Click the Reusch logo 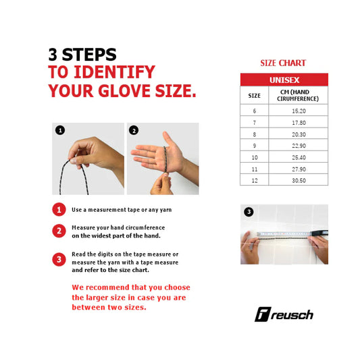click(284, 314)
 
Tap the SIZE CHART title click(283, 63)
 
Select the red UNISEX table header click(284, 80)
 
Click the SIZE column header click(254, 96)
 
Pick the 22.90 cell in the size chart click(299, 146)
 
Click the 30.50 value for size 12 click(299, 181)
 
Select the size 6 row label click(255, 111)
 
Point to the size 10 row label click(255, 157)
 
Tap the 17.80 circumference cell click(299, 123)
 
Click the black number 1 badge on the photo click(60, 130)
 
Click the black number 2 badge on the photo click(134, 130)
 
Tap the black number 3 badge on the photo click(249, 212)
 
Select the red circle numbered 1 click(59, 209)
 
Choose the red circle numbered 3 click(59, 260)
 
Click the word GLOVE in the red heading click(125, 90)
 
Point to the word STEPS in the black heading click(89, 55)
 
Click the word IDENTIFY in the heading click(114, 72)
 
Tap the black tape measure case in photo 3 click(320, 233)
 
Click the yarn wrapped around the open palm click(165, 159)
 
